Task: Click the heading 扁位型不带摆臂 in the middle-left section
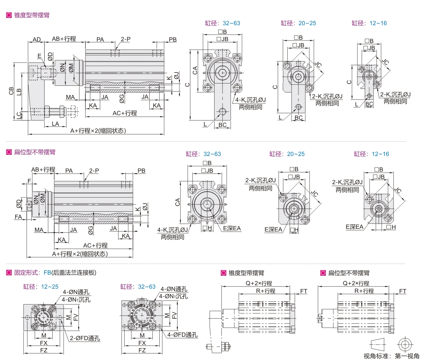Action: pos(35,152)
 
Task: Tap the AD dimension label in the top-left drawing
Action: pos(37,39)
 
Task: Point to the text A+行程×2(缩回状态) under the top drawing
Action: pos(98,130)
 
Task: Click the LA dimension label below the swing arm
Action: pos(55,124)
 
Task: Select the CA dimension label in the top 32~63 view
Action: pos(195,71)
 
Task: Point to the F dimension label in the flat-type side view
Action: pos(29,181)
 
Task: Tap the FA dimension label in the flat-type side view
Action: pos(18,217)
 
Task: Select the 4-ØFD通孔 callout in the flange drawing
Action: pos(183,335)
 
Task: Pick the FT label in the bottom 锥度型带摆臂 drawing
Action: pos(304,291)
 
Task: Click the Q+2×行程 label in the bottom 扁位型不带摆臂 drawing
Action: pos(356,283)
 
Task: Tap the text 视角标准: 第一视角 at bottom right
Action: pos(391,356)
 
